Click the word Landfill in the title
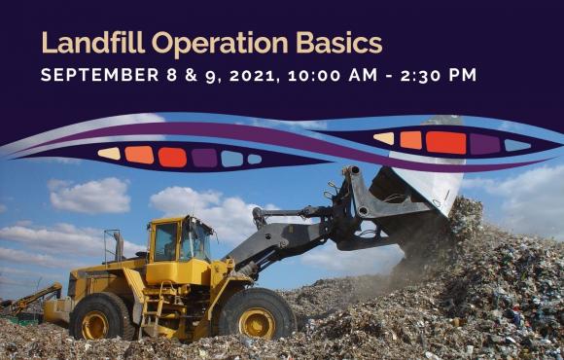93,43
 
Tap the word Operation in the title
220,44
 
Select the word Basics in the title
338,43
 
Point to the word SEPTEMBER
99,75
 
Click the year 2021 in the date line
254,75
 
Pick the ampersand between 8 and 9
192,75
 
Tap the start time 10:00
314,75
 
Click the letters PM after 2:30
463,75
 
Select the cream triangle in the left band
110,154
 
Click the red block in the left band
172,158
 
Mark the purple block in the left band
204,158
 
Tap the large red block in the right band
446,143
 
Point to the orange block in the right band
410,140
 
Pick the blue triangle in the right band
517,145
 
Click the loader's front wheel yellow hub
257,323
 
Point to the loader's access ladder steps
152,308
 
